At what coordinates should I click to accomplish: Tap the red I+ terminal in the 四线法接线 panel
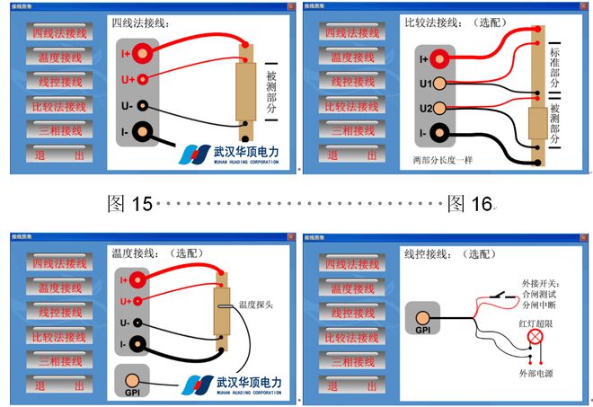[x=143, y=56]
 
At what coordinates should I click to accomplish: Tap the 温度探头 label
[x=257, y=305]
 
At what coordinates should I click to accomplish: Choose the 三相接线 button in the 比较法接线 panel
[x=349, y=130]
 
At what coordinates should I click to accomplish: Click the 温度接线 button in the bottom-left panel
[x=59, y=288]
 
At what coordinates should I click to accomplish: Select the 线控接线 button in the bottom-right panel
[x=349, y=313]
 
